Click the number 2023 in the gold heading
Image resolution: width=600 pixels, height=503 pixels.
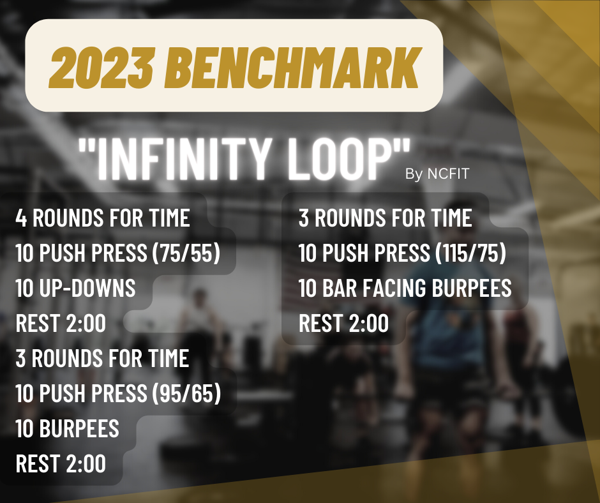coord(101,68)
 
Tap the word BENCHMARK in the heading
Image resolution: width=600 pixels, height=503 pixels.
coord(293,68)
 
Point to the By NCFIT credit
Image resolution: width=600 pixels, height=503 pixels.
coord(437,174)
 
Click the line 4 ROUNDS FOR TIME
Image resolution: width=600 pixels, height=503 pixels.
coord(103,218)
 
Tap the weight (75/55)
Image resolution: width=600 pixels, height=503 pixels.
coord(186,253)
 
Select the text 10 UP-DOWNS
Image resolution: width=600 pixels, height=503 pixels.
coord(75,288)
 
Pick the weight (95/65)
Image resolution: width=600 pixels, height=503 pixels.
coord(187,393)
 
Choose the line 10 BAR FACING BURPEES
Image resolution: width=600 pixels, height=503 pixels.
coord(405,288)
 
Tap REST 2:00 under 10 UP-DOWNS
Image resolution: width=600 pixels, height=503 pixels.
coord(61,323)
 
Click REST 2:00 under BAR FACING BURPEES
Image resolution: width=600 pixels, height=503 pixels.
coord(343,323)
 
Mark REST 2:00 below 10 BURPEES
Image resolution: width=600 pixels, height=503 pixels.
coord(61,463)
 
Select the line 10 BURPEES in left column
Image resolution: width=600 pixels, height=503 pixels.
coord(68,428)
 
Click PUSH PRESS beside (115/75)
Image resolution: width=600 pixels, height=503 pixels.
coord(376,253)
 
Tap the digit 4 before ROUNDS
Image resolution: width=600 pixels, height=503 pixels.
coord(21,218)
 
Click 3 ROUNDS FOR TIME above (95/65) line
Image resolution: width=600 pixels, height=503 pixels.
coord(102,358)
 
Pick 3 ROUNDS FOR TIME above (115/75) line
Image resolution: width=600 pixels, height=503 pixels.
coord(385,218)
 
